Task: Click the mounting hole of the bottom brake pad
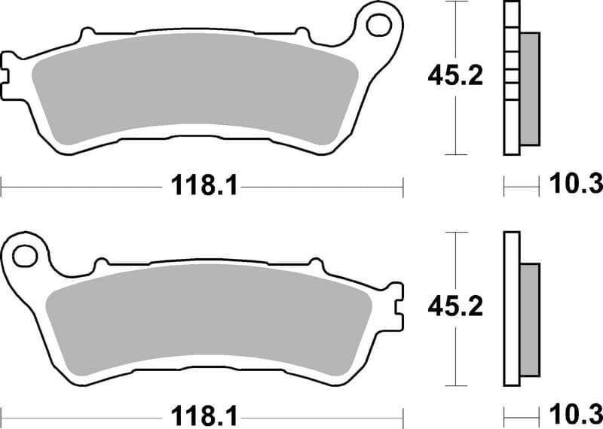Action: coord(25,256)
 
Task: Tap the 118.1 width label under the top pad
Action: coord(201,184)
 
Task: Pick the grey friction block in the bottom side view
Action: coord(530,319)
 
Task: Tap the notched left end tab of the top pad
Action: coord(9,67)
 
